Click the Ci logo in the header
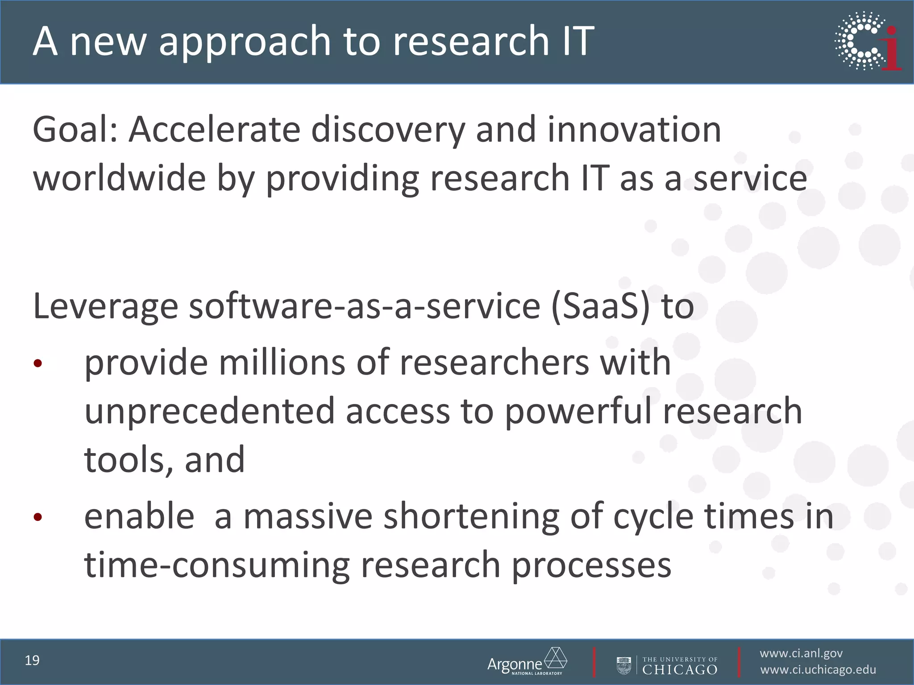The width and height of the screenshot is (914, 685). click(868, 41)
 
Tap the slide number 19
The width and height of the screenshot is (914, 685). click(32, 660)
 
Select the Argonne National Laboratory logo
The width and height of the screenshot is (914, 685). click(527, 662)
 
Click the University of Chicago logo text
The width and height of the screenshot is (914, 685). click(680, 665)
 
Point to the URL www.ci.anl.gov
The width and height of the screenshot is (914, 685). click(801, 653)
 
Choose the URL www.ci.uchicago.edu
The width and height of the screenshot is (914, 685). click(818, 670)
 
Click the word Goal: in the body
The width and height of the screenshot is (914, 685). click(75, 130)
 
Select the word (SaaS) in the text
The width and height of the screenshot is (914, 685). click(600, 306)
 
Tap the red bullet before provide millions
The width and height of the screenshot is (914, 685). click(37, 363)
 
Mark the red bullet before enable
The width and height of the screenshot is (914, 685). click(37, 517)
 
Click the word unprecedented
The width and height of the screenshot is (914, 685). click(209, 411)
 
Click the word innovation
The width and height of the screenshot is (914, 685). click(634, 130)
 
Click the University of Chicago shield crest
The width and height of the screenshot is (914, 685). click(624, 665)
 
